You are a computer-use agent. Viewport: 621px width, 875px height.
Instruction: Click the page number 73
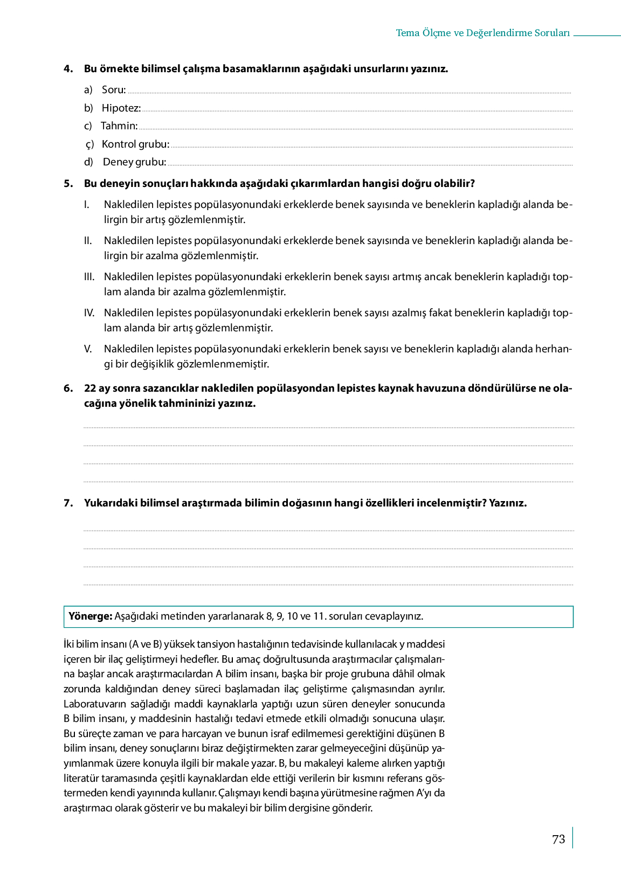558,839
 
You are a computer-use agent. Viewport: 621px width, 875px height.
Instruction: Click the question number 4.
68,69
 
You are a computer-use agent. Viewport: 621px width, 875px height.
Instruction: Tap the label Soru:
114,90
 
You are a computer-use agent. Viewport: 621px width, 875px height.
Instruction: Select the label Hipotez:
121,108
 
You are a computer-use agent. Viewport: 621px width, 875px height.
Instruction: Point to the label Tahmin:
119,126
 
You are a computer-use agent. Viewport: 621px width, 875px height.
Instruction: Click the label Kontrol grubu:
136,144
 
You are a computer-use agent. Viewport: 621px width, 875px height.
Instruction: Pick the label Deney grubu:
135,162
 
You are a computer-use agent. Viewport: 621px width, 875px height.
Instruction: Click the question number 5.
68,184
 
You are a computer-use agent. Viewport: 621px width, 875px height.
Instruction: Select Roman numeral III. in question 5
89,277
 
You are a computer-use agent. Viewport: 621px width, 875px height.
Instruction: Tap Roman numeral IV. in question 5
89,313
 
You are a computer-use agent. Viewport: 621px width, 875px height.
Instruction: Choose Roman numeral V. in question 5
88,349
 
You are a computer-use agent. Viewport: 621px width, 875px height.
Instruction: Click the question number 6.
68,388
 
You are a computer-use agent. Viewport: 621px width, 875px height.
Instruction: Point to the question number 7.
68,503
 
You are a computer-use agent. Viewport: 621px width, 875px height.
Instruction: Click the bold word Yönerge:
90,616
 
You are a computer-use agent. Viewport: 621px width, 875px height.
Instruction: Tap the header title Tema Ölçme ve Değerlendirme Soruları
482,33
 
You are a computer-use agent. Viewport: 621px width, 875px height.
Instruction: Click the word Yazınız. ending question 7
508,503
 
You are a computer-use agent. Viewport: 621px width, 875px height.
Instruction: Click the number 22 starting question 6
89,388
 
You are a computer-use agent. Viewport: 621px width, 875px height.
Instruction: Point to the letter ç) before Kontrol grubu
89,144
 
